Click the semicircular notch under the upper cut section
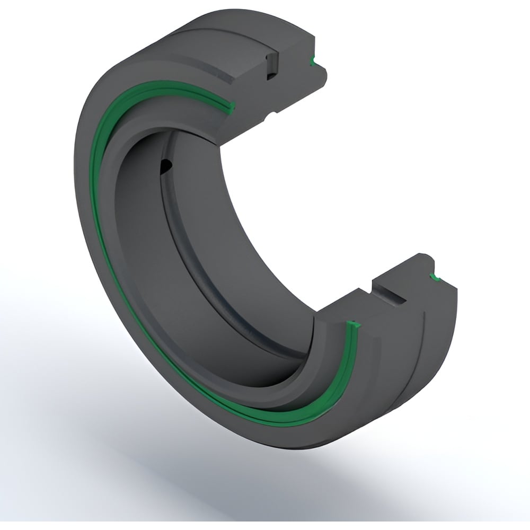(x=272, y=114)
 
